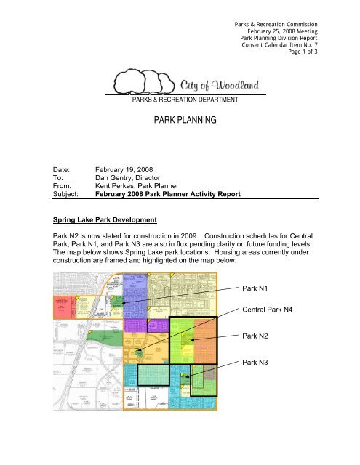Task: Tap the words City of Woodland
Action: [x=222, y=86]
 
